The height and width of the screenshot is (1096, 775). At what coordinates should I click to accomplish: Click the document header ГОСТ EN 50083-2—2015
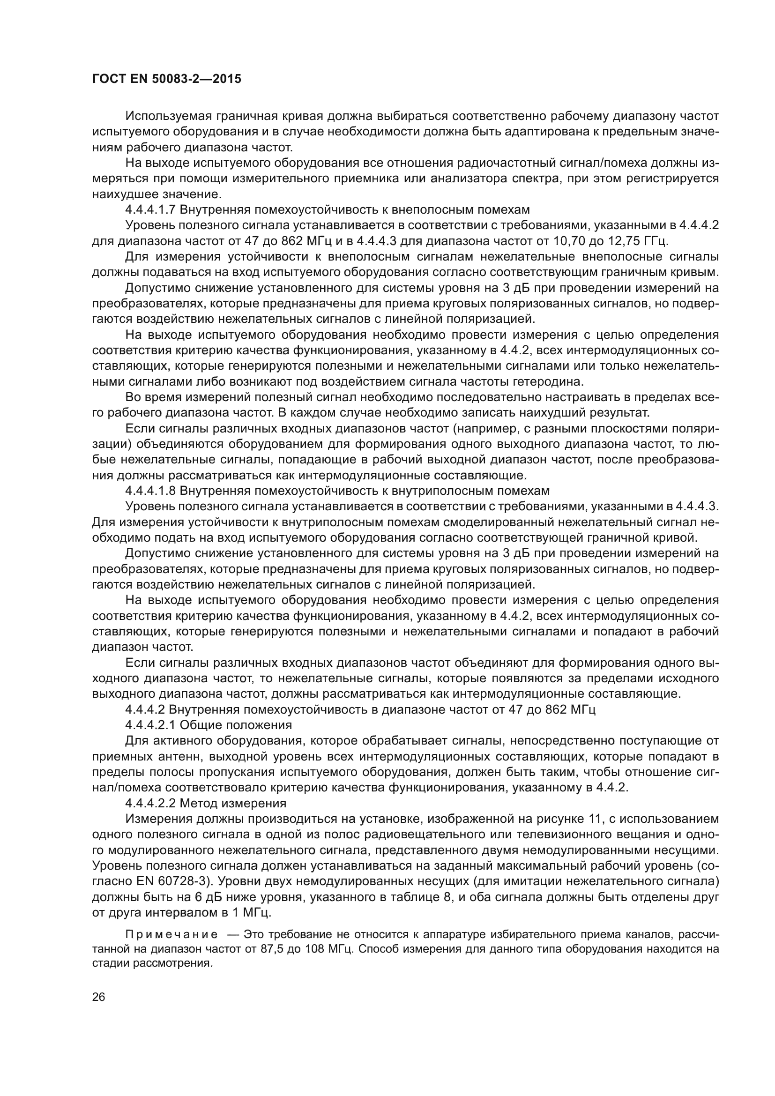[166, 79]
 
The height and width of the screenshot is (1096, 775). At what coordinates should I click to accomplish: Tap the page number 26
[99, 996]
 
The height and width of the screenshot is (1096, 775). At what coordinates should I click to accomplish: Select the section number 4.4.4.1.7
[150, 209]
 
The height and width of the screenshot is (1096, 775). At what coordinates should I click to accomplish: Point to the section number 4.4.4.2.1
[150, 724]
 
